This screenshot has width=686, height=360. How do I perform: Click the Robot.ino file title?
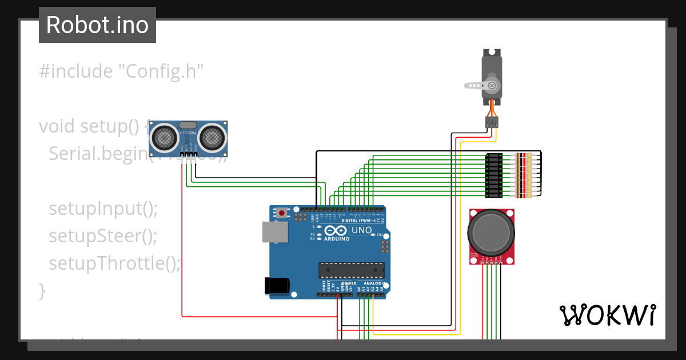[x=97, y=25]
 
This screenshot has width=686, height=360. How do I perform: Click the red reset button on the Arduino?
[x=281, y=213]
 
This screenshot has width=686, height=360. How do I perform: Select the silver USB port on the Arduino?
[x=275, y=232]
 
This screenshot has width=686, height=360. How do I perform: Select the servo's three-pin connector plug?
[x=492, y=122]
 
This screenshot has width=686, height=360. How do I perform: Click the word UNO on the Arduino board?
[x=361, y=230]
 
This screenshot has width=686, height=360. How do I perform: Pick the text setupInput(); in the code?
[x=103, y=209]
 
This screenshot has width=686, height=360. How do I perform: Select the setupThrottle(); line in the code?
[x=114, y=263]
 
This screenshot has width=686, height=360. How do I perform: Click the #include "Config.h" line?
[x=121, y=71]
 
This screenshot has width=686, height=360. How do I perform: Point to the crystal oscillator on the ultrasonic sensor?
[x=188, y=125]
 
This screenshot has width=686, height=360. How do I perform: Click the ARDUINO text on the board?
[x=337, y=239]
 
